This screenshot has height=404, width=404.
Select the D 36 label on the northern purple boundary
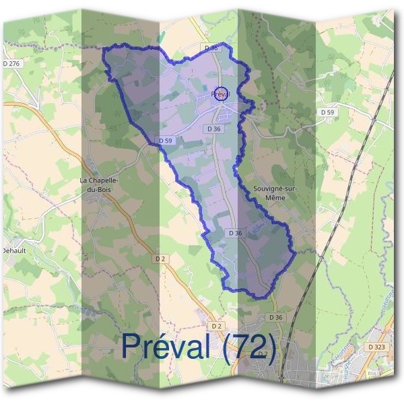(211, 48)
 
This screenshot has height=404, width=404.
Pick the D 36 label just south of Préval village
(215, 128)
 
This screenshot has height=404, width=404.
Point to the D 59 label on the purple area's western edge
(167, 140)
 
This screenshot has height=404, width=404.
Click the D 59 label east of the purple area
(327, 112)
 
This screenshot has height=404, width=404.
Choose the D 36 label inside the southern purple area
(235, 233)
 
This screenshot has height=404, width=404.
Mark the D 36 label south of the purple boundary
(275, 316)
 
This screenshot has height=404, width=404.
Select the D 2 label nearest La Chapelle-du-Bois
(160, 258)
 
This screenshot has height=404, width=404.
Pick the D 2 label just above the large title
(215, 326)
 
